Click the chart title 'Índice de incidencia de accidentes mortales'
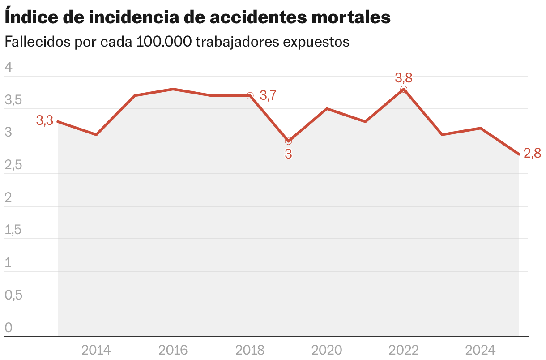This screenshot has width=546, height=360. pos(197,17)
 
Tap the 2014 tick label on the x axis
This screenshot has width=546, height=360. pos(96,350)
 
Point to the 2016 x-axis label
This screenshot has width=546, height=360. pos(173,350)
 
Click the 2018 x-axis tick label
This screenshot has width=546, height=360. pos(250,350)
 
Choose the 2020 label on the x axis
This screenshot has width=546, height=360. pos(327,350)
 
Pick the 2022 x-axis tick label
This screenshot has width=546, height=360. pos(404,350)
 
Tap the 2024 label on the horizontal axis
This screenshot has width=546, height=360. pos(480,350)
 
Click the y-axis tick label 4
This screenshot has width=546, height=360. pos(9,68)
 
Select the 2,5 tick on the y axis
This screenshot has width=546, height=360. pos(13,165)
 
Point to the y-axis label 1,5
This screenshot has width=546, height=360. pos(13,230)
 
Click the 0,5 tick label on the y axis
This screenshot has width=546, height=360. pos(13,296)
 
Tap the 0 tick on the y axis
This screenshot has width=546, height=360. pos(9,328)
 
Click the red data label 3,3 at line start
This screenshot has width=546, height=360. pos(45,120)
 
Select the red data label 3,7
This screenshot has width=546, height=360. pos(268,95)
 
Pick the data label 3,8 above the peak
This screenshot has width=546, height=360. pos(404,78)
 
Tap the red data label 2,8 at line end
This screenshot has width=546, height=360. pos(532,154)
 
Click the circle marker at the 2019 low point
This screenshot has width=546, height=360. pos(288,141)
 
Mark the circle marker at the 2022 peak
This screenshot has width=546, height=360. pos(404,90)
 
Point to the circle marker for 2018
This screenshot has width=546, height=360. pos(250,96)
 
